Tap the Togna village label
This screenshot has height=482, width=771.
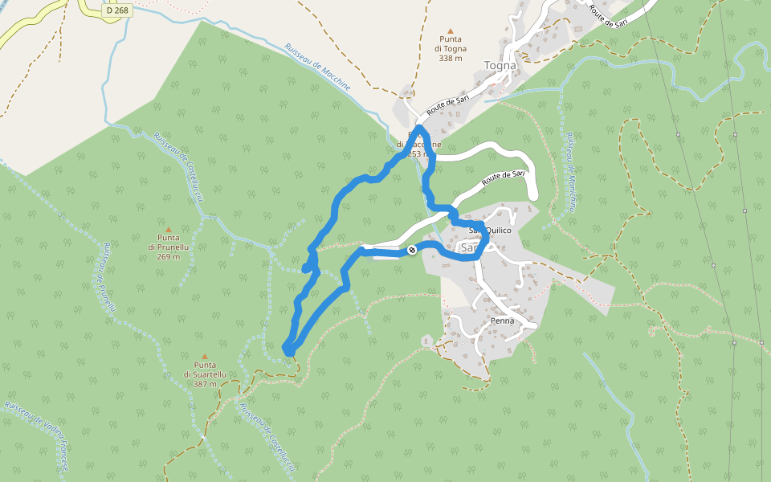pos(500,65)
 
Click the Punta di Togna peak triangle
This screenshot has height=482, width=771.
pos(451,28)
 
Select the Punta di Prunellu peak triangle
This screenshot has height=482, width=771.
pos(169,229)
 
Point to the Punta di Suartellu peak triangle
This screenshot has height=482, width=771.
pos(205,356)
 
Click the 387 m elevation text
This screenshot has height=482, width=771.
pos(205,384)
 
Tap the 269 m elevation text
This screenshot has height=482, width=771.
pos(169,257)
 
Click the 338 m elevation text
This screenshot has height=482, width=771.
pos(451,58)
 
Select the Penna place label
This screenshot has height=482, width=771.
pos(503,321)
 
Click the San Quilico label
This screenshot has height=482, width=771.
pos(490,231)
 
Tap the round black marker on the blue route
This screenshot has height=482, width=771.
pos(411,250)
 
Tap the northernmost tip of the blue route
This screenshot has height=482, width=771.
pos(420,128)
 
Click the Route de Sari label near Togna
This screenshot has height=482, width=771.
pos(447,102)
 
